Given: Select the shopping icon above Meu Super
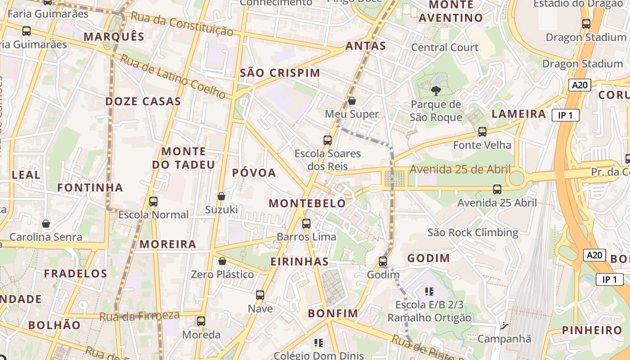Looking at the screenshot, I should [x=352, y=101].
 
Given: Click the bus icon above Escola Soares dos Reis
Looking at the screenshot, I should [x=328, y=140].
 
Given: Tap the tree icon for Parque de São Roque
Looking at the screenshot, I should [x=436, y=91].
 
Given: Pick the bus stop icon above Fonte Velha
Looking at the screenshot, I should [x=482, y=132].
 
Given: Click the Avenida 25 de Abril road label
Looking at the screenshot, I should [x=460, y=170].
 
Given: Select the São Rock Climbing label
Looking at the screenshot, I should [x=472, y=233].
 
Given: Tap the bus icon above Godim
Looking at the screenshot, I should [x=383, y=261].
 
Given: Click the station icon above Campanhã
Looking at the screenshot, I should [x=504, y=325].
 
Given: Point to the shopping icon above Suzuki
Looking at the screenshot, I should [x=221, y=196].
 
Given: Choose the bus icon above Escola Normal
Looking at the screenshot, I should [x=153, y=201].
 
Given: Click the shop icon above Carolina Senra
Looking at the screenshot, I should [x=46, y=224].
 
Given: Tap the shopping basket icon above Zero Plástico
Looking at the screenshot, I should [x=222, y=261].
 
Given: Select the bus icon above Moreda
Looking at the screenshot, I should [x=201, y=321].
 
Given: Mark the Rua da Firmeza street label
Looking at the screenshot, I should [x=139, y=316].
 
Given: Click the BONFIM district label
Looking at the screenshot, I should [x=333, y=313].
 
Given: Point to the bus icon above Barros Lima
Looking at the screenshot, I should [x=306, y=223].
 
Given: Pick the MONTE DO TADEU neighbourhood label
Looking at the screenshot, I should [x=184, y=158].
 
